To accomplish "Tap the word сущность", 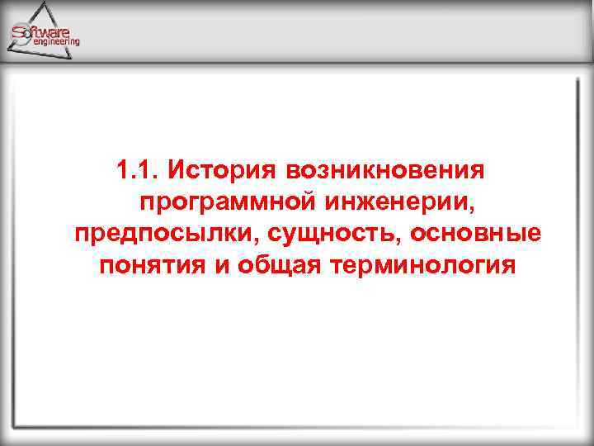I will [x=311, y=235].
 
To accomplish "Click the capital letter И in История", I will [x=175, y=170].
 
